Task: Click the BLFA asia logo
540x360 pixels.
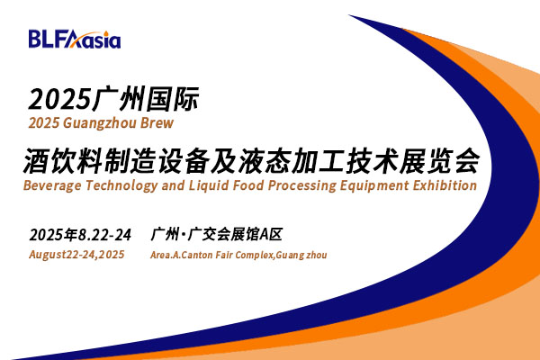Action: (x=75, y=39)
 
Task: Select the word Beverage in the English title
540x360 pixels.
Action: (x=52, y=186)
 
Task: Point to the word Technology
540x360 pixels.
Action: (x=121, y=186)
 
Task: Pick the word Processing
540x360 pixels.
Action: (x=302, y=186)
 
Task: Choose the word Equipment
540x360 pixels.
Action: (x=374, y=186)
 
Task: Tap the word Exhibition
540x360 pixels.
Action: (x=445, y=185)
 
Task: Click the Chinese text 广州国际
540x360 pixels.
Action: (x=146, y=100)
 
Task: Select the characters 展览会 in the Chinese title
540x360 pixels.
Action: (x=440, y=161)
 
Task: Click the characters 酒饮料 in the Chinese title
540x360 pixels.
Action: (x=62, y=161)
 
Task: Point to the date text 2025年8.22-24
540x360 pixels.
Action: (x=80, y=235)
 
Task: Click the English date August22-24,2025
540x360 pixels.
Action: (x=76, y=255)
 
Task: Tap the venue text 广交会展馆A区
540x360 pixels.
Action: (x=235, y=235)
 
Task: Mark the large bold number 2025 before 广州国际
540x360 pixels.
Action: (x=60, y=100)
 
